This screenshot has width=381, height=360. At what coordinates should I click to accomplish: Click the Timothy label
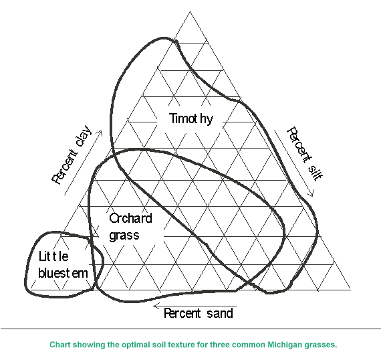[x=191, y=119]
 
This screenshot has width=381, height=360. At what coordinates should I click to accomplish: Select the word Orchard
[x=131, y=218]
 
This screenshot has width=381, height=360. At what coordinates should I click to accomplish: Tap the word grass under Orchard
[x=124, y=236]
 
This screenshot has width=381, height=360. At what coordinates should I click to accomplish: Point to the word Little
[x=53, y=256]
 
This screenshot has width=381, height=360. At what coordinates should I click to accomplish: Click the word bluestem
[x=63, y=273]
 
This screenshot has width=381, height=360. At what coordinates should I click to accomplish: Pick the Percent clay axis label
[x=72, y=155]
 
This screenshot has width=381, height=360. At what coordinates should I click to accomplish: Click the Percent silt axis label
[x=305, y=154]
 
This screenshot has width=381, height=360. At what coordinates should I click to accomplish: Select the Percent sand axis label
[x=199, y=313]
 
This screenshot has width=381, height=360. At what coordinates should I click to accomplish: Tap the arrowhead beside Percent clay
[x=100, y=132]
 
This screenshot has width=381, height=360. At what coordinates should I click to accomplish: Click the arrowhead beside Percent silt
[x=311, y=194]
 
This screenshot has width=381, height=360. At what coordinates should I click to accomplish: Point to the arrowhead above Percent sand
[x=156, y=306]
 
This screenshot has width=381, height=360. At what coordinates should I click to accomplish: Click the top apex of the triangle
[x=190, y=11]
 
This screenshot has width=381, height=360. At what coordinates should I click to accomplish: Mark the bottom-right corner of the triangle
[x=351, y=290]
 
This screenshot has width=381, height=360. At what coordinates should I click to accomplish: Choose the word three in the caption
[x=219, y=345]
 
